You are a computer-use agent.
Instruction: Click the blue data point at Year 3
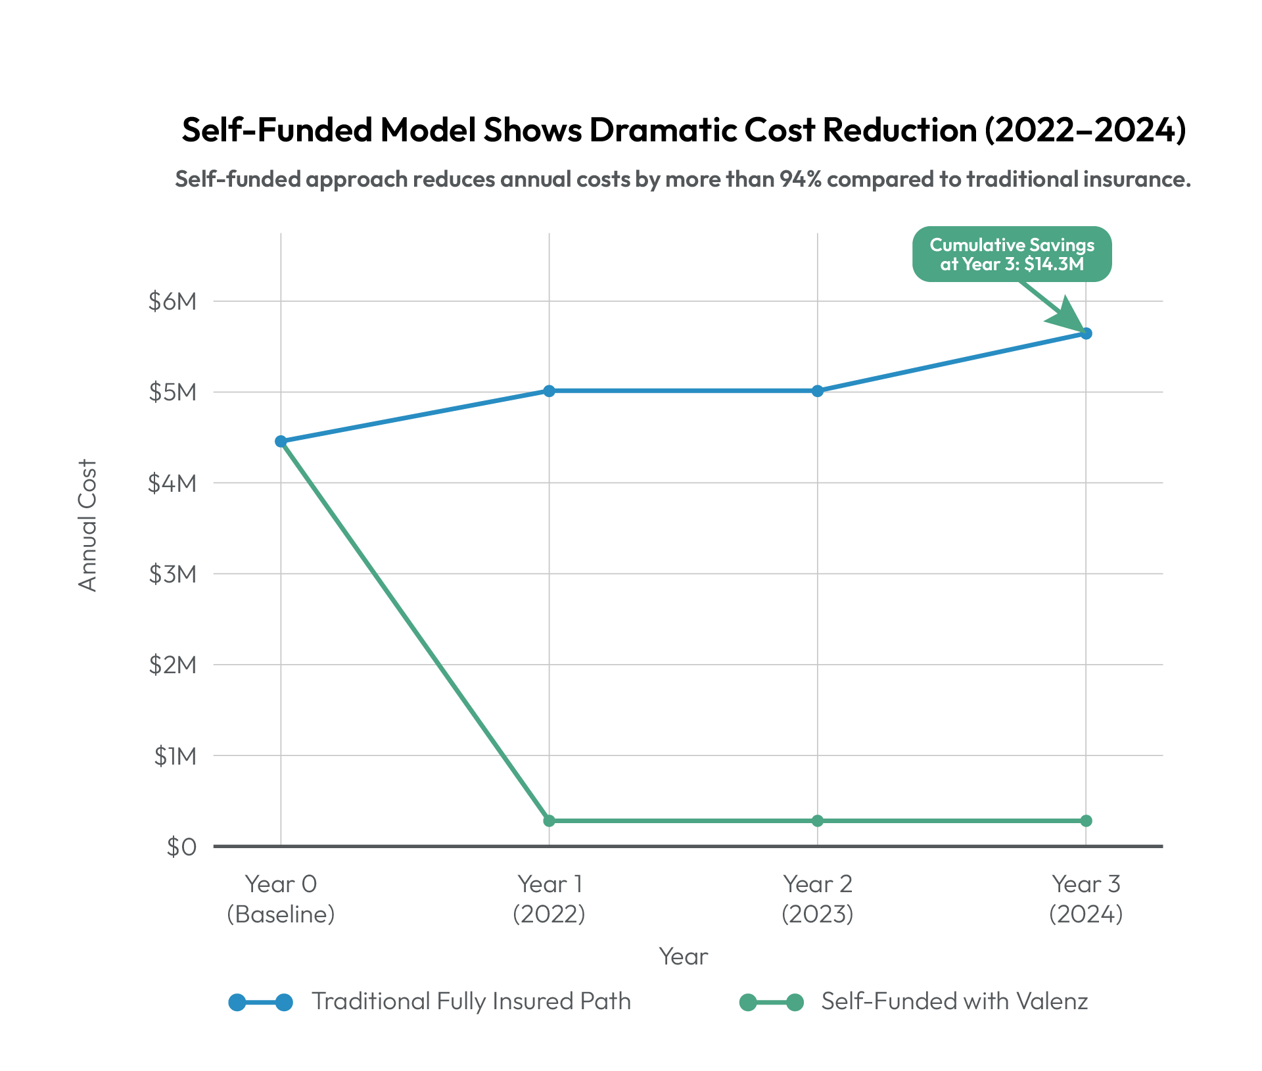1086,333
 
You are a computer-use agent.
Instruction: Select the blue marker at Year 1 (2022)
549,391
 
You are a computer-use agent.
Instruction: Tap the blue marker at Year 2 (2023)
818,391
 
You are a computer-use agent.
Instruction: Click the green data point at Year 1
549,821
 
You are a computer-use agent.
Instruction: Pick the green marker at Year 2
818,821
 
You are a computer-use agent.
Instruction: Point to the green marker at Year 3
1086,821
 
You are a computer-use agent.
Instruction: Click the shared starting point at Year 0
281,441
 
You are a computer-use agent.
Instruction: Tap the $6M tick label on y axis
172,301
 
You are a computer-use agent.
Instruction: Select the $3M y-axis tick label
172,574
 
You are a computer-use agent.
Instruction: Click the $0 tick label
181,847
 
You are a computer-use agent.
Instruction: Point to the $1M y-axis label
175,756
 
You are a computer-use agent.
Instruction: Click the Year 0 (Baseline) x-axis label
281,899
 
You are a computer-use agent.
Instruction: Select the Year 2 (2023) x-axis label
818,899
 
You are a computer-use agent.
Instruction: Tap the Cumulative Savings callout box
1012,254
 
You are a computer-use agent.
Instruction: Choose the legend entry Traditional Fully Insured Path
471,1001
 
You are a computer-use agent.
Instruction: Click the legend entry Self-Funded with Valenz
954,1001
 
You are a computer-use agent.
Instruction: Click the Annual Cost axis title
87,525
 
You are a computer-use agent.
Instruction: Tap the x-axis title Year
684,957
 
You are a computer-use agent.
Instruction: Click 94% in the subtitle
801,179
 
